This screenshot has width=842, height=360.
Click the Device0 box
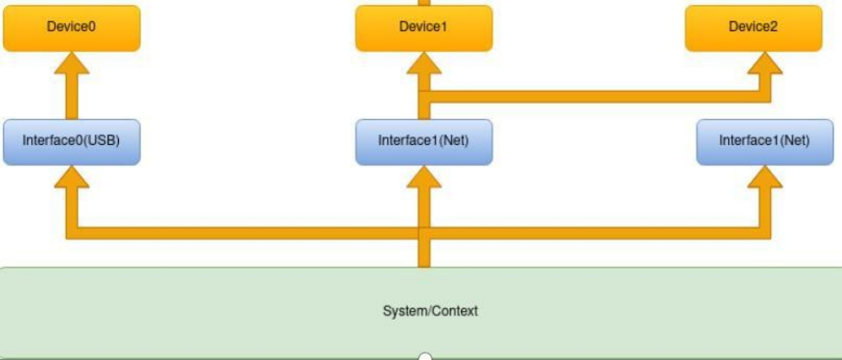point(71,27)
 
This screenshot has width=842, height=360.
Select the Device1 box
point(423,27)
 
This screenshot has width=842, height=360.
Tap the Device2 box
point(753,27)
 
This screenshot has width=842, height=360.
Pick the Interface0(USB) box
point(71,141)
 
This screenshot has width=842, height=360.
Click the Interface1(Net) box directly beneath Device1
point(423,141)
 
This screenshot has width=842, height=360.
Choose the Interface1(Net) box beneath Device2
point(764,141)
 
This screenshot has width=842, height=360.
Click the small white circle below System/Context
point(426,357)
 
